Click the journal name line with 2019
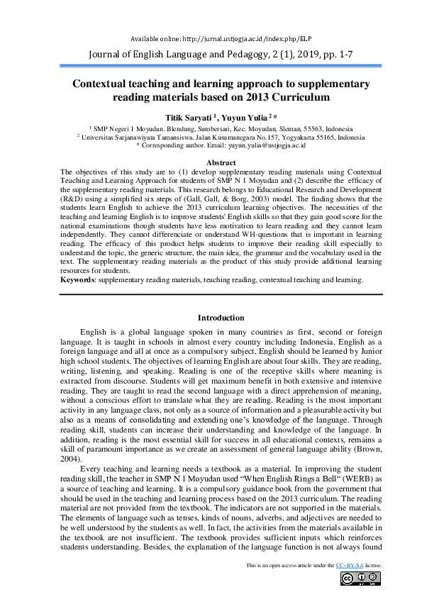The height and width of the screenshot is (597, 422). pyautogui.click(x=211, y=54)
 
